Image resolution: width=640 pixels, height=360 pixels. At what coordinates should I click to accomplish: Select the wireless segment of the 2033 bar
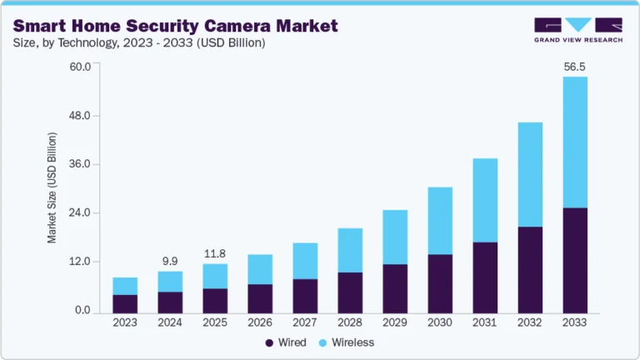(x=575, y=142)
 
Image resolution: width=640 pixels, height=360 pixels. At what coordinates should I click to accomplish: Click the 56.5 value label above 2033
(x=575, y=65)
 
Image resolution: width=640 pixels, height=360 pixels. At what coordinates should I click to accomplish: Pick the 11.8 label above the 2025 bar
(x=216, y=252)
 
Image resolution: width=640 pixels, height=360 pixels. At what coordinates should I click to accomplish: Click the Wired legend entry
(x=286, y=342)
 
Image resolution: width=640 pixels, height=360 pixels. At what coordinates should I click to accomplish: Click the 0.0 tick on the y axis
(x=82, y=311)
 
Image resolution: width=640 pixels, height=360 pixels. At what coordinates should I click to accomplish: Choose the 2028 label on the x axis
(x=350, y=322)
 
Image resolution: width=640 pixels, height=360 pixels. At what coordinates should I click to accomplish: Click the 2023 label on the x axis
(x=125, y=322)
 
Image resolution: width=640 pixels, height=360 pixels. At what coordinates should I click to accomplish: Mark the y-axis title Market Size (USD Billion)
(x=52, y=187)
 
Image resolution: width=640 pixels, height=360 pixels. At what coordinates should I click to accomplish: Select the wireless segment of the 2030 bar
(x=440, y=221)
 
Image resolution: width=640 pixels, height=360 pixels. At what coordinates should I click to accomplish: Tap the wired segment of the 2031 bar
(x=485, y=277)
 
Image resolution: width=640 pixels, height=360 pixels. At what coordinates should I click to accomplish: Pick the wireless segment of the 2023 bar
(x=125, y=286)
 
